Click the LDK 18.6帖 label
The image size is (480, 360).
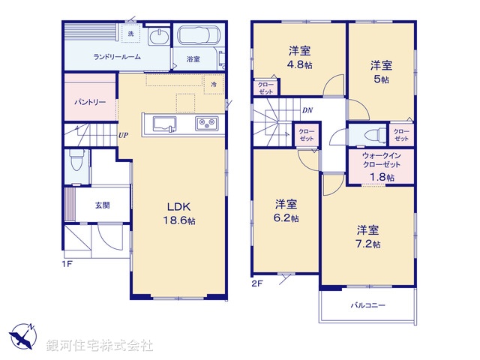tap(181, 213)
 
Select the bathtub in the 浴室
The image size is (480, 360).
tap(196, 37)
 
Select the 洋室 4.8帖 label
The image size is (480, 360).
tap(299, 58)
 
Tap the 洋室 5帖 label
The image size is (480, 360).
tap(382, 72)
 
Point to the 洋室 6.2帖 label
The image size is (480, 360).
tap(286, 211)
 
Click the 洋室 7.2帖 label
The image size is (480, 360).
tap(367, 236)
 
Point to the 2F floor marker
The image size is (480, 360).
tap(257, 283)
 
